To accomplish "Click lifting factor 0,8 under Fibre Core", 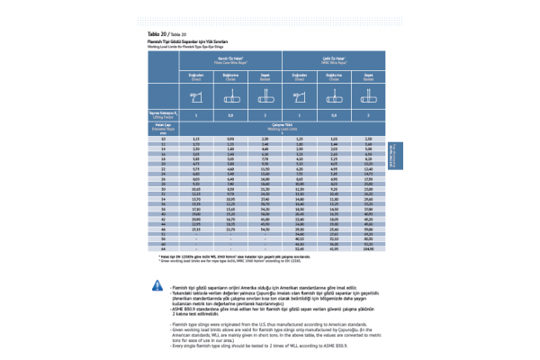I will pyautogui.click(x=230, y=116).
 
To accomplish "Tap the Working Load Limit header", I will pyautogui.click(x=279, y=128).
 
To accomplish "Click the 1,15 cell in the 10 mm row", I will pyautogui.click(x=196, y=139).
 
